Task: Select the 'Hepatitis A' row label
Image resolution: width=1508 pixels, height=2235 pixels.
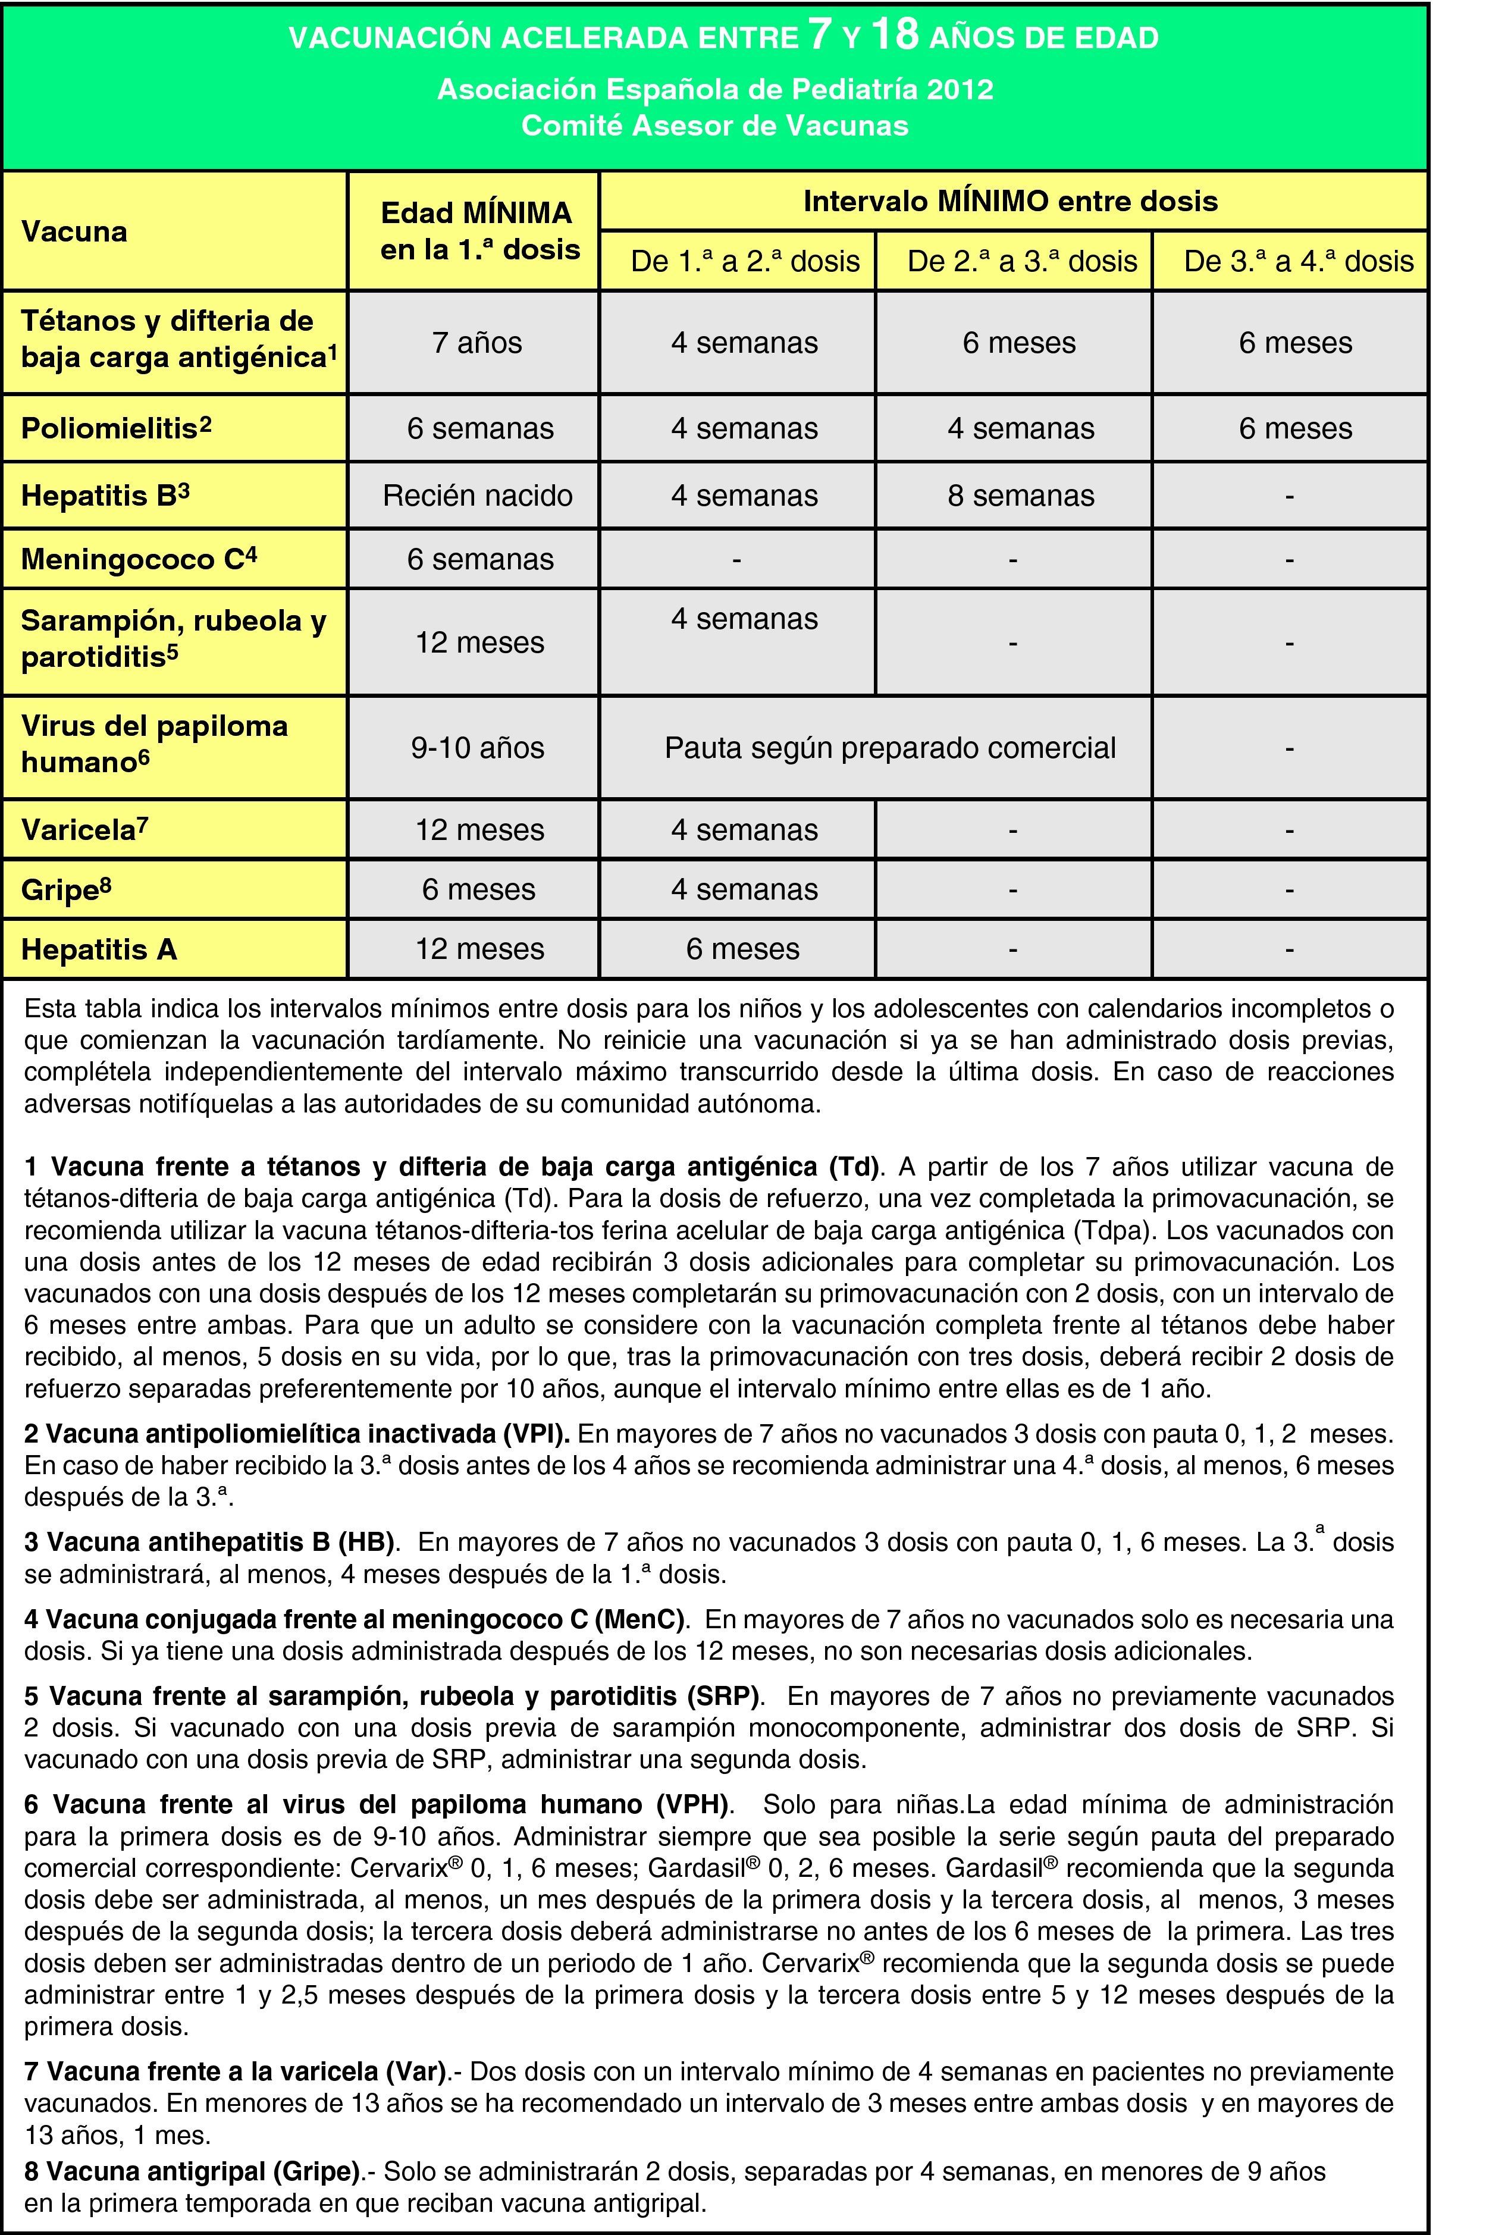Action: tap(99, 949)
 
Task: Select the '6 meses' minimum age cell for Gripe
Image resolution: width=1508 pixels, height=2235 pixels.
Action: tap(478, 889)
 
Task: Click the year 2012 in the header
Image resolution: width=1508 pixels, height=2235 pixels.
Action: tap(960, 89)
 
